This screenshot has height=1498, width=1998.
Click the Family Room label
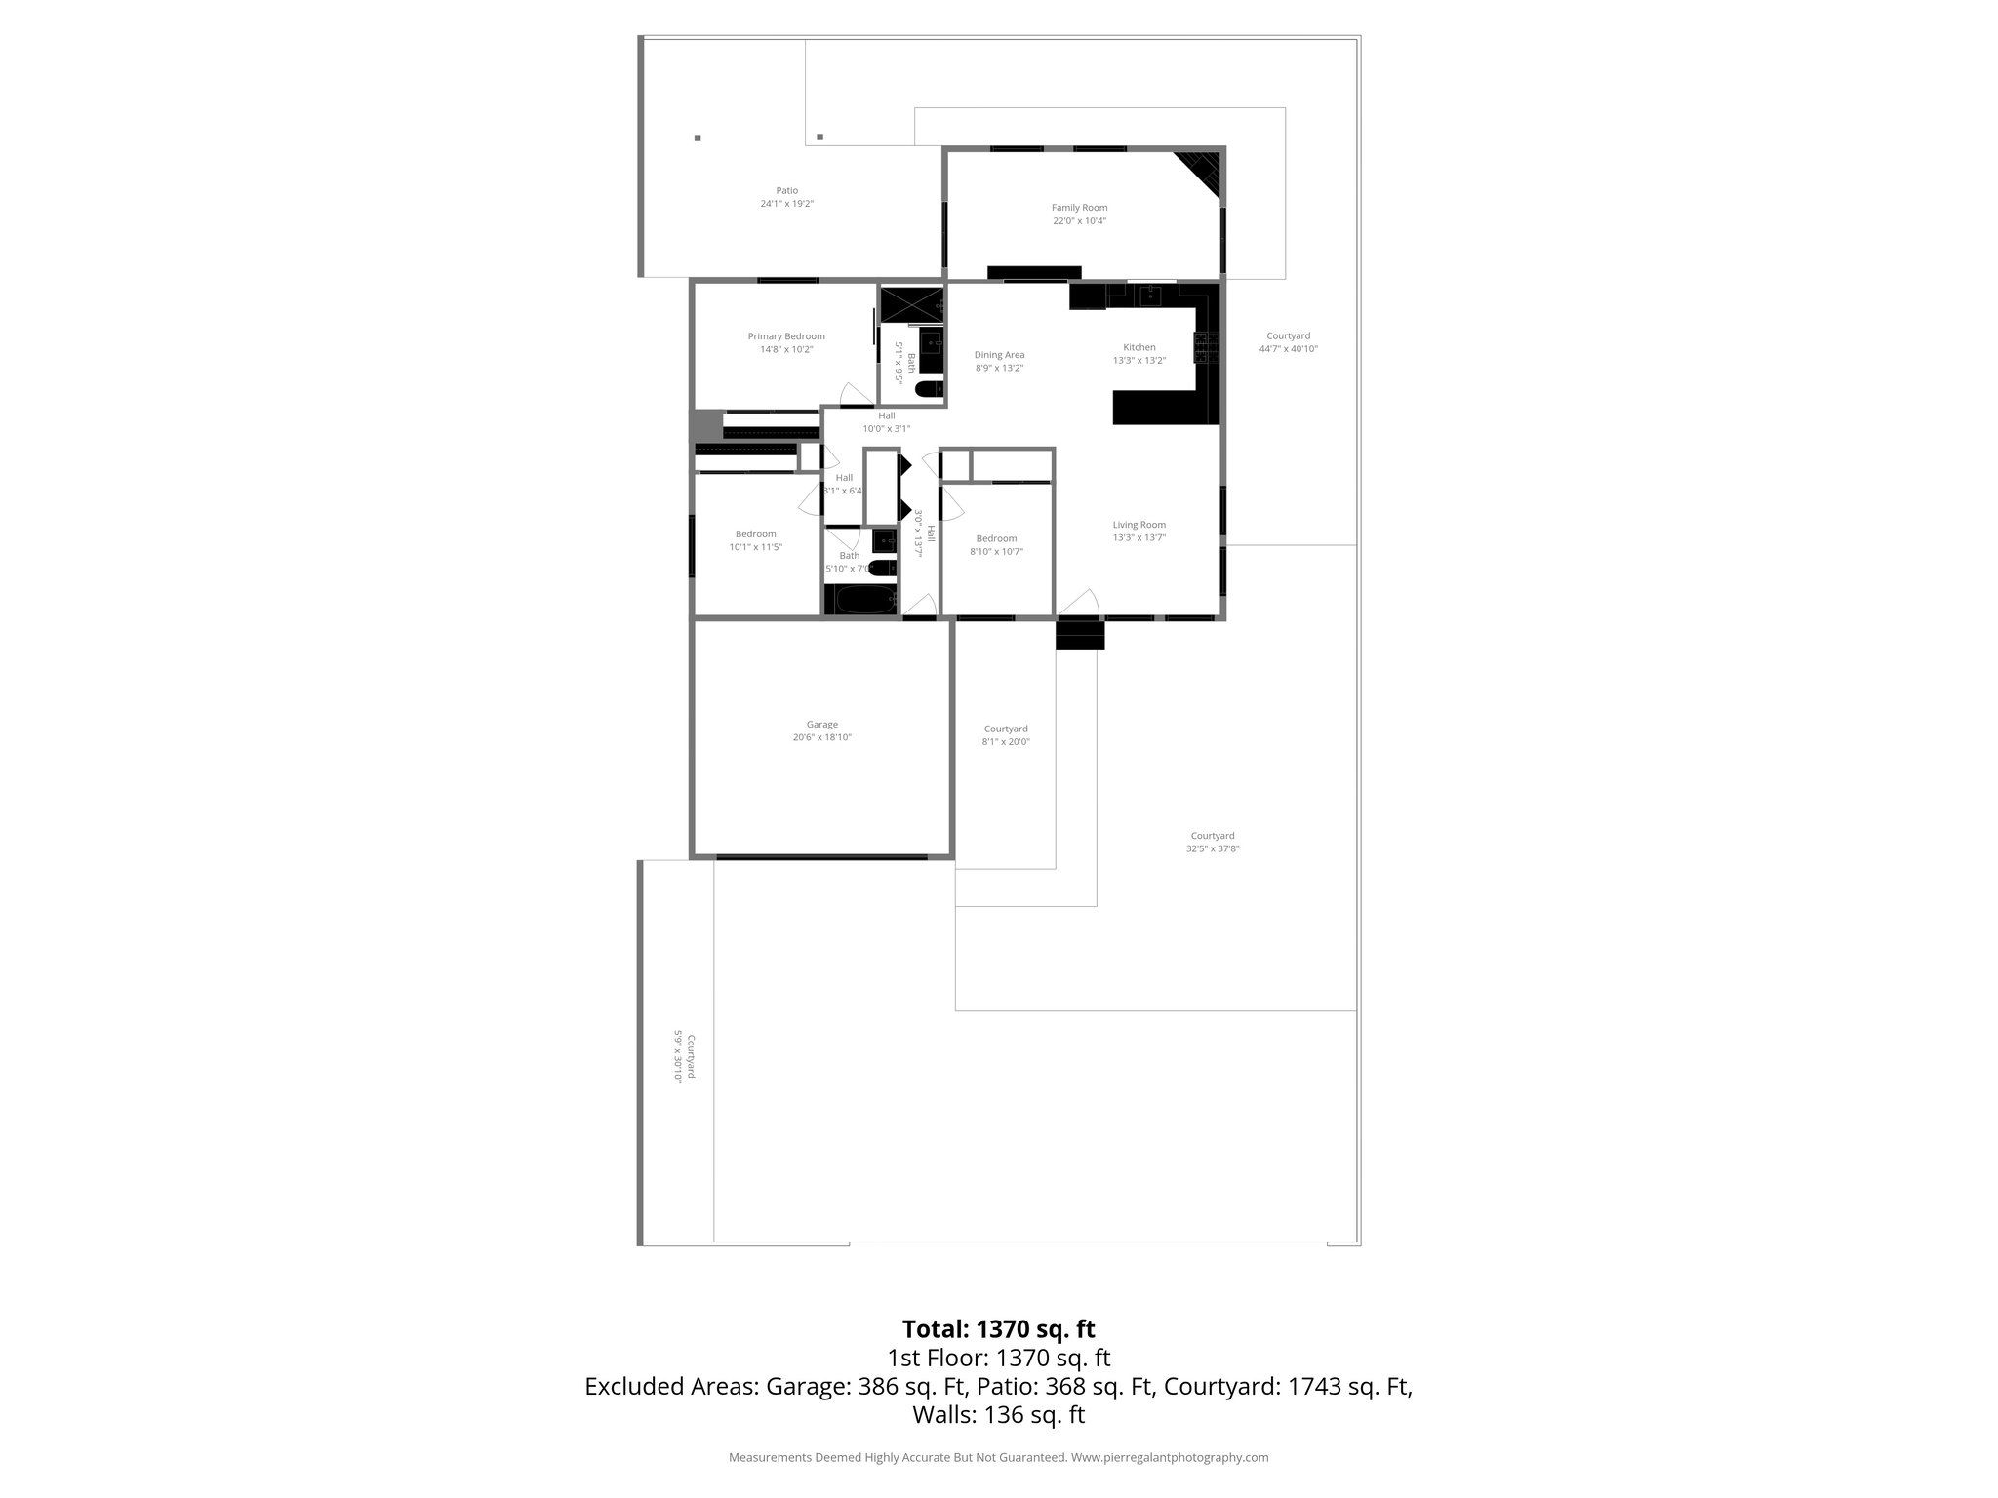[1079, 208]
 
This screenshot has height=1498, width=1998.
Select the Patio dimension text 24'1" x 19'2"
[786, 204]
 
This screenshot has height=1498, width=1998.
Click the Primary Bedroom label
[786, 336]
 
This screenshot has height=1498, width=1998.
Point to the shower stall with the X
[911, 305]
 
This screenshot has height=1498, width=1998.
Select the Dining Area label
[999, 355]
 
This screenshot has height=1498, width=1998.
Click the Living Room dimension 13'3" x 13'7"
[1139, 537]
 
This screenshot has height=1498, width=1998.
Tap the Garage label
[821, 725]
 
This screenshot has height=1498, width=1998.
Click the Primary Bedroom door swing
[857, 394]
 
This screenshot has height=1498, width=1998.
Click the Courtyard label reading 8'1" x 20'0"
[1005, 741]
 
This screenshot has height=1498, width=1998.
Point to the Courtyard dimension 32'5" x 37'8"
[1213, 848]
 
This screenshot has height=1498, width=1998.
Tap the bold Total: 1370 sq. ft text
[998, 1329]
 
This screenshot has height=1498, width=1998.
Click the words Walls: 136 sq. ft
[998, 1415]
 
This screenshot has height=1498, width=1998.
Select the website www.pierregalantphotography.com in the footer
[1170, 1457]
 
